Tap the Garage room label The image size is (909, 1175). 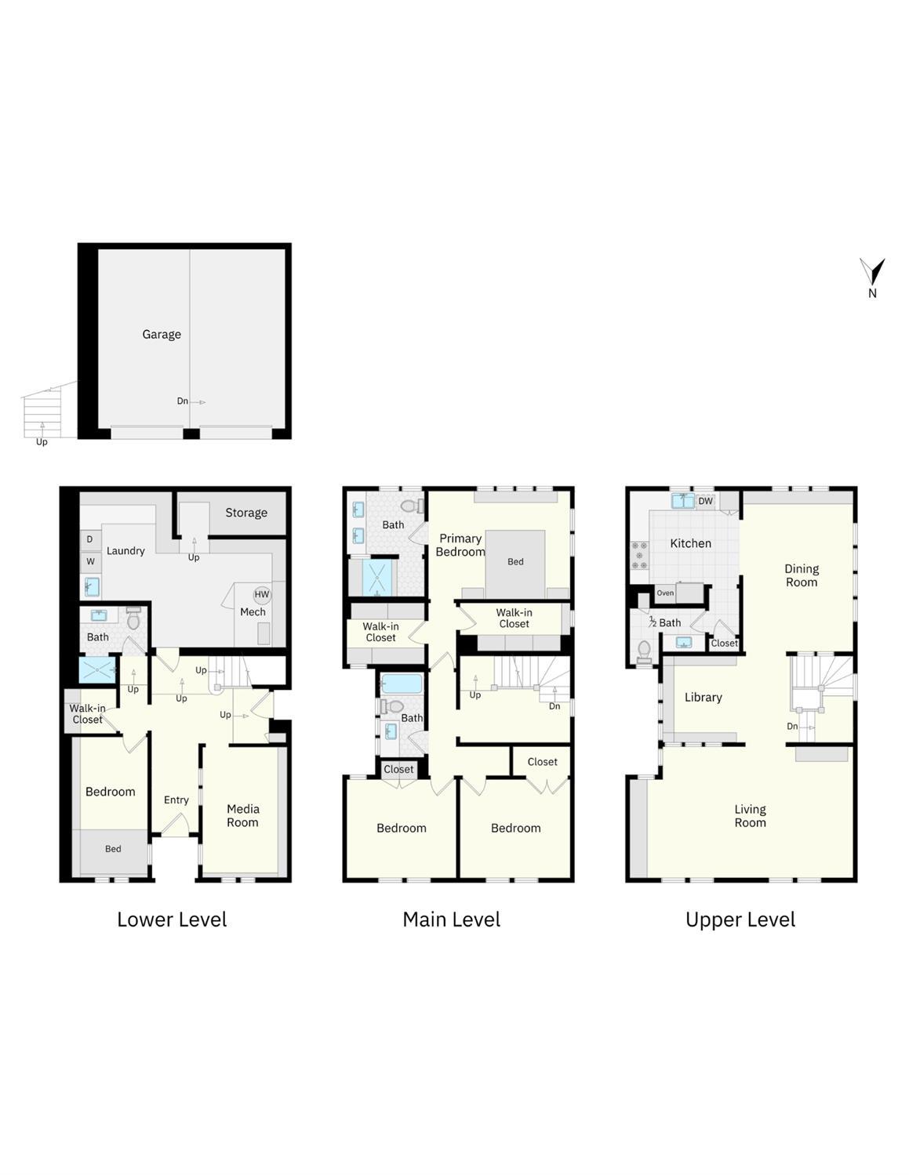[x=162, y=334]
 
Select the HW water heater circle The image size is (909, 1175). [x=261, y=595]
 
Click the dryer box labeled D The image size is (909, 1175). [x=90, y=539]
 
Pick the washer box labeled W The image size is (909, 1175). [x=90, y=561]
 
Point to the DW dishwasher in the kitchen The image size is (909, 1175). [x=705, y=501]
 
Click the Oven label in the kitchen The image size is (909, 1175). [x=665, y=593]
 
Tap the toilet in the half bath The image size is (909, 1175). [x=645, y=651]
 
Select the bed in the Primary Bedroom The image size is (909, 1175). [x=515, y=561]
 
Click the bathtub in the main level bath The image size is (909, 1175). [x=402, y=684]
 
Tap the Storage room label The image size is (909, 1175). [x=246, y=513]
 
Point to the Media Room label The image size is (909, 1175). [x=242, y=815]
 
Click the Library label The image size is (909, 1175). [x=703, y=697]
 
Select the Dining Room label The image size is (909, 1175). [x=801, y=575]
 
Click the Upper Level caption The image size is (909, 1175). [x=740, y=919]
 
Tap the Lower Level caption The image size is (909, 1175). [x=172, y=919]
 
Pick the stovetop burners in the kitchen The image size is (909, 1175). [x=639, y=555]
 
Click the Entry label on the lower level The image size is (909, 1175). [x=176, y=800]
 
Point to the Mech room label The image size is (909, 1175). [x=253, y=612]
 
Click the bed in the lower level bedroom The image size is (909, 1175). [x=113, y=850]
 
